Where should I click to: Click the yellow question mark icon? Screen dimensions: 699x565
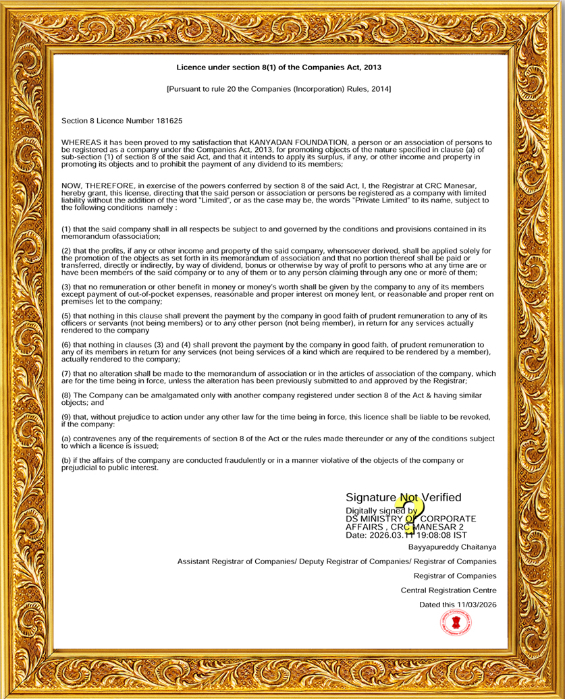[412, 515]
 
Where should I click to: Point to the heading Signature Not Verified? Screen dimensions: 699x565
[403, 497]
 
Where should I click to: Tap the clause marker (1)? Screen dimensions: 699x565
[66, 229]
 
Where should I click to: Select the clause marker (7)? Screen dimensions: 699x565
[66, 373]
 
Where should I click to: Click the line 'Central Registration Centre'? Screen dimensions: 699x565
[448, 590]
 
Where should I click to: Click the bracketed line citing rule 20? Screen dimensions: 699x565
[278, 88]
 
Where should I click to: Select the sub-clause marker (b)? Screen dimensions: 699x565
[66, 460]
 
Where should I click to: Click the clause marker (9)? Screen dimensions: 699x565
[66, 416]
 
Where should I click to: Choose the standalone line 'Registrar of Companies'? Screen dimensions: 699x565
[455, 576]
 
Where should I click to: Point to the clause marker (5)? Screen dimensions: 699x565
[66, 315]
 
